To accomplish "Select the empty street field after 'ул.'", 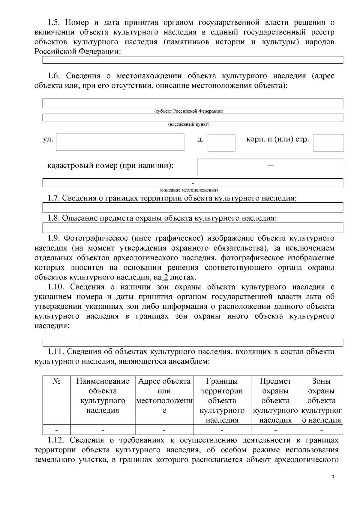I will [x=120, y=142].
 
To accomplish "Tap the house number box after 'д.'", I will [x=221, y=143].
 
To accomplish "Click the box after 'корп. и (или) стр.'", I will [x=328, y=143].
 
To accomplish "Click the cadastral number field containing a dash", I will [x=270, y=167].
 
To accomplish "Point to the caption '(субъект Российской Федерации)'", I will [x=189, y=111].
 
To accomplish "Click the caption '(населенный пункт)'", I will [x=189, y=124].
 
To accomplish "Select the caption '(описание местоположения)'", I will [x=189, y=190].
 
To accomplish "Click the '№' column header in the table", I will [x=56, y=381].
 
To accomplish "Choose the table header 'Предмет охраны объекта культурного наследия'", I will [x=275, y=400].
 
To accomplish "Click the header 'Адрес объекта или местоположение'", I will [x=164, y=396].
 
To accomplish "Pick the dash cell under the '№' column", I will [x=56, y=430].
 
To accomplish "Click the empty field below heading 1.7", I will [x=193, y=207].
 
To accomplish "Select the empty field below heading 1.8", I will [x=193, y=228].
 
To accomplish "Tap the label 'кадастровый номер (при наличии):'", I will [x=110, y=165].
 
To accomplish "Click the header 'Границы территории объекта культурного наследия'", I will [x=222, y=400].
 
